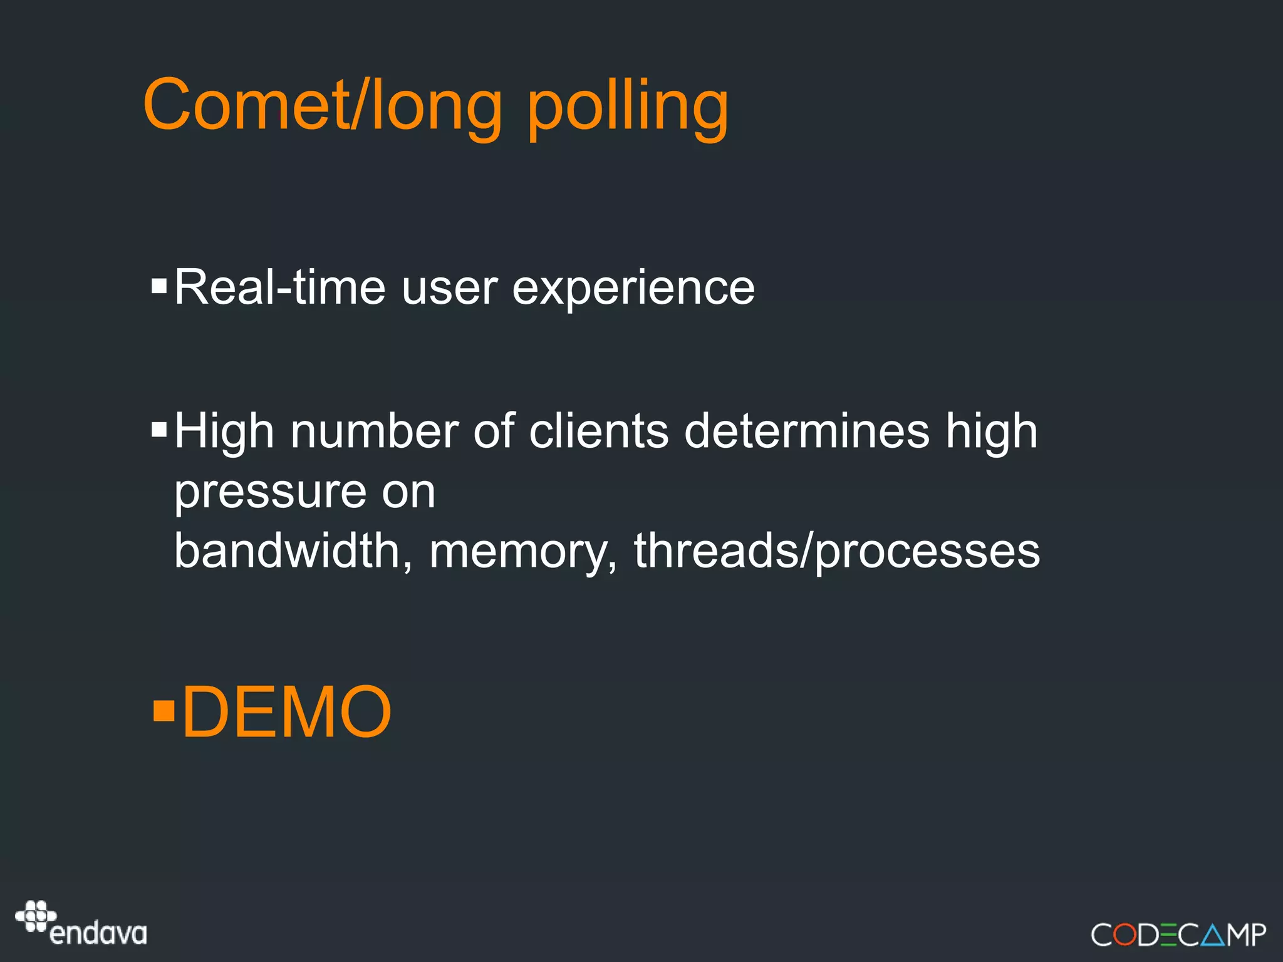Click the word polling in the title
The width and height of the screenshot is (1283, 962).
(628, 110)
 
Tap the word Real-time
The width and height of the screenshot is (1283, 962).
(279, 287)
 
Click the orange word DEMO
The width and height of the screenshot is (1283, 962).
(286, 713)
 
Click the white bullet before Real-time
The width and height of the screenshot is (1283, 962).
(159, 287)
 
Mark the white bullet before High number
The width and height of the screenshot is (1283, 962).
(159, 430)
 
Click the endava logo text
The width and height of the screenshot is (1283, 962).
(98, 934)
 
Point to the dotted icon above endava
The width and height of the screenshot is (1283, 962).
(36, 916)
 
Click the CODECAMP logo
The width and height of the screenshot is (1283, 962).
(1178, 934)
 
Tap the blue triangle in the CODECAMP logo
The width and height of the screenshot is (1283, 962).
(1213, 935)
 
